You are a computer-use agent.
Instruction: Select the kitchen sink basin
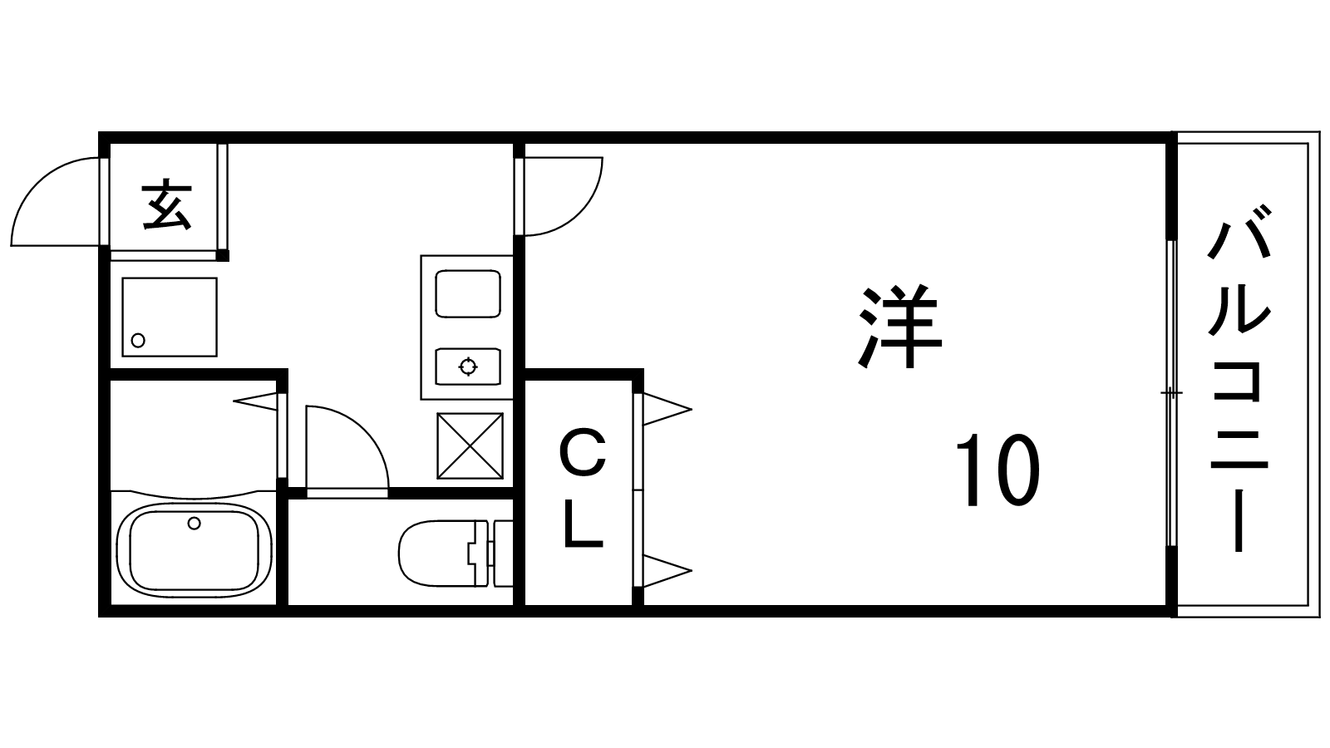[468, 293]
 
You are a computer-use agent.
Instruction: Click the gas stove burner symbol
[468, 366]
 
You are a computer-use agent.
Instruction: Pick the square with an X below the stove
[470, 446]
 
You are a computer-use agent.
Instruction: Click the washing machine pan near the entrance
[170, 317]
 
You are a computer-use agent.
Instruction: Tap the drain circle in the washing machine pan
[139, 340]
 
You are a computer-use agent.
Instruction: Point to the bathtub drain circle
[195, 523]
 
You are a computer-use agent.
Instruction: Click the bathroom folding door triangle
[257, 401]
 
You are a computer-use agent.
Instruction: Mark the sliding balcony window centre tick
[1172, 391]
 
